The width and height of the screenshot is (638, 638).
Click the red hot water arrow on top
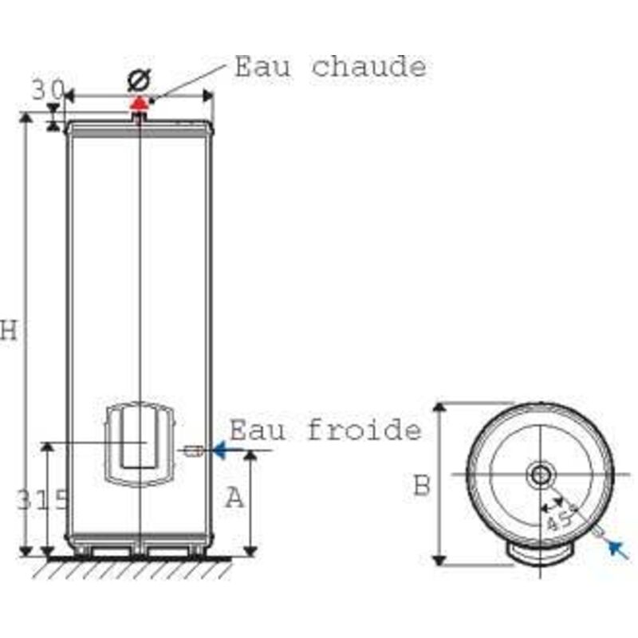(x=140, y=101)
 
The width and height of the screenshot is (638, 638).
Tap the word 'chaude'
(x=368, y=67)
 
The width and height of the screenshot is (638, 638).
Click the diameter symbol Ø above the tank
(x=139, y=81)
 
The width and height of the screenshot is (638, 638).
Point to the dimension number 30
(x=47, y=90)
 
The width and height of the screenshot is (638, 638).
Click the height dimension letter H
(x=9, y=330)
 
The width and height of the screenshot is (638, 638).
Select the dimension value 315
(x=41, y=501)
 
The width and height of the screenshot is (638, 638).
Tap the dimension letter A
(x=233, y=498)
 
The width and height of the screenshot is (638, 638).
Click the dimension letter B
(x=422, y=485)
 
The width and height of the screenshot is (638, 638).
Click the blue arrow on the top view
(x=616, y=548)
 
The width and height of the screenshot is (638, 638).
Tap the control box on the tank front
(x=140, y=443)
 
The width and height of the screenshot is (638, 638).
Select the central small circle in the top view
(x=540, y=475)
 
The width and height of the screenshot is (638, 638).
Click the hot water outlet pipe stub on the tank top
(x=140, y=116)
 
